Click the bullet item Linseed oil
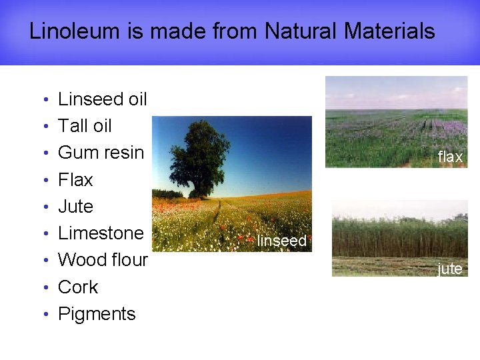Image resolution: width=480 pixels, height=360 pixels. [x=102, y=99]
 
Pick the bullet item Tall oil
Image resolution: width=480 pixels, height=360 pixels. [x=85, y=126]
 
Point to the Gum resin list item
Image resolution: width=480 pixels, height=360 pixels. [x=101, y=153]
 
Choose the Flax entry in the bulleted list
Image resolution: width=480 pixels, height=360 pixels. [x=75, y=180]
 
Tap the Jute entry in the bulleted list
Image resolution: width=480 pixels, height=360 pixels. [x=75, y=207]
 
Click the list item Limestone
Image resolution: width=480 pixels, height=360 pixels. [x=101, y=233]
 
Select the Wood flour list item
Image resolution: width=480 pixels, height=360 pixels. [x=103, y=260]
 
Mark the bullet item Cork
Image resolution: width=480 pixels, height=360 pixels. [x=78, y=287]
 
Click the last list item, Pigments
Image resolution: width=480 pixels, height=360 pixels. [x=97, y=314]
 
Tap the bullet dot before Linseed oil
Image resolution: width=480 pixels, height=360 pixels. [x=44, y=101]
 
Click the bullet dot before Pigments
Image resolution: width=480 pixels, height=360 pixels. [x=44, y=315]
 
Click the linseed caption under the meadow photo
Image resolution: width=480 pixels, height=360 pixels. [x=281, y=241]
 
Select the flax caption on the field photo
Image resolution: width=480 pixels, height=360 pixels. [x=450, y=157]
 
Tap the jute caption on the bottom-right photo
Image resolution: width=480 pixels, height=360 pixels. [x=450, y=269]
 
